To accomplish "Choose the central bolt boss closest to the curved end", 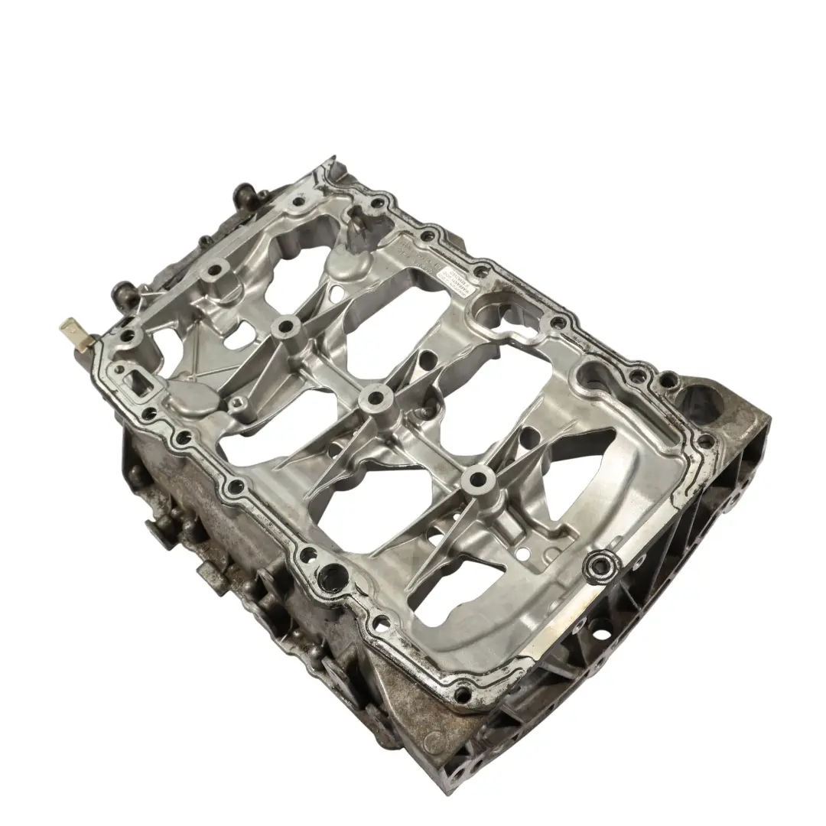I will [x=478, y=480].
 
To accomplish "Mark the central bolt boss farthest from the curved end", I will [x=287, y=327].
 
